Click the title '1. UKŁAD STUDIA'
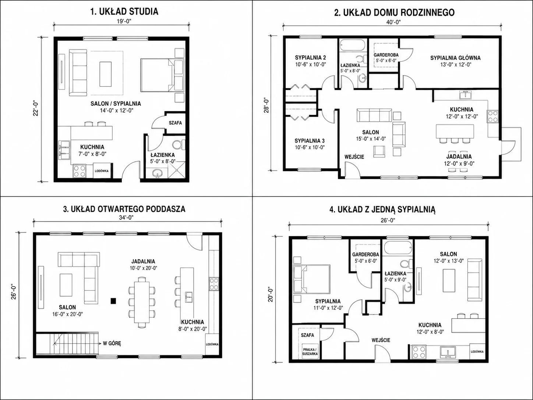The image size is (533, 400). tap(124, 12)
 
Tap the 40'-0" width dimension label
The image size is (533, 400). tap(393, 22)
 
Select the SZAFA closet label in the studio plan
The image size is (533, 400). tap(175, 123)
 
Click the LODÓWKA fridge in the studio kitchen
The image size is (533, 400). tap(102, 171)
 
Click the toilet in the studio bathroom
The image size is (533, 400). tap(179, 145)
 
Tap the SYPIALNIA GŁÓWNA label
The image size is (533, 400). tap(455, 58)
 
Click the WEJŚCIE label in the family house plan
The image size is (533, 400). tap(354, 157)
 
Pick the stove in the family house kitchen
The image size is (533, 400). tap(493, 117)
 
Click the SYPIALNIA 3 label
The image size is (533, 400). tap(309, 141)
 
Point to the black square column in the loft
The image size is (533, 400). tap(113, 301)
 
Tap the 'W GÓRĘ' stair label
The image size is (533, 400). tap(112, 343)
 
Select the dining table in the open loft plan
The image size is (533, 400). tap(142, 302)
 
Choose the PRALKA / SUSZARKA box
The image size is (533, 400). tap(310, 352)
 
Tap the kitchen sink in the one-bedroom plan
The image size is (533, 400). tap(448, 352)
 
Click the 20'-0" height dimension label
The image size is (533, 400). tap(271, 295)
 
